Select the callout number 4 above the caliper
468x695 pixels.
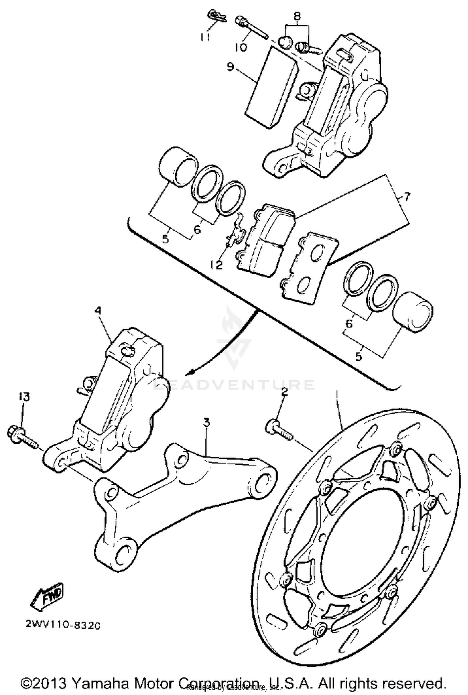(x=98, y=311)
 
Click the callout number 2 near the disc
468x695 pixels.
(x=284, y=393)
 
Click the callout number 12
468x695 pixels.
(x=216, y=265)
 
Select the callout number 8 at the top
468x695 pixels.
(x=297, y=14)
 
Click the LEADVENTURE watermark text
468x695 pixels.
(x=234, y=384)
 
